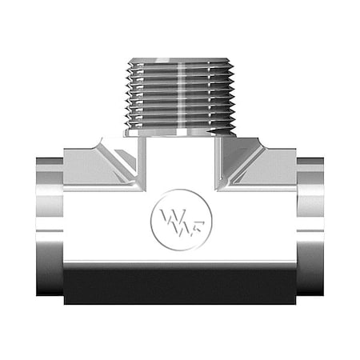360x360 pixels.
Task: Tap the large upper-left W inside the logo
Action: pyautogui.click(x=170, y=214)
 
